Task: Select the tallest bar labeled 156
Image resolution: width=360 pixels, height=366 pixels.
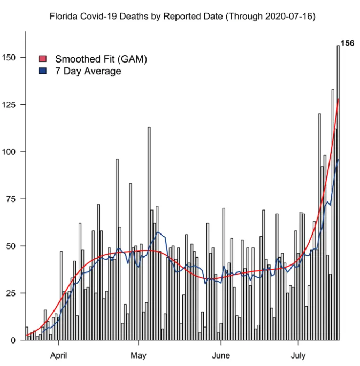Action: (338, 192)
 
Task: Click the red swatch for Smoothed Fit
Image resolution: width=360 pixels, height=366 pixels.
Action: (44, 59)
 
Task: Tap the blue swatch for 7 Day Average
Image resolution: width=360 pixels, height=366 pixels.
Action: (44, 71)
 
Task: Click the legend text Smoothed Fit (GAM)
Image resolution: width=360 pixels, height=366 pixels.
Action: (101, 59)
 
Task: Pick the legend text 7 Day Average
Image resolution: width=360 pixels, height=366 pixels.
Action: (88, 71)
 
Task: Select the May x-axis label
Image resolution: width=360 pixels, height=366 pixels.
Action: (138, 355)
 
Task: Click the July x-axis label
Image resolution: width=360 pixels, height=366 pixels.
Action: (298, 355)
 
